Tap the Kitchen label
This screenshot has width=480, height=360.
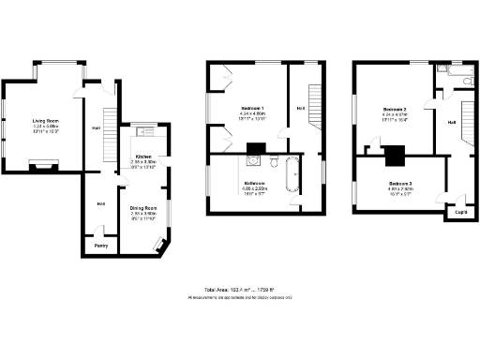pos(143,156)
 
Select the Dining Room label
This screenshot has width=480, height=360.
pos(142,207)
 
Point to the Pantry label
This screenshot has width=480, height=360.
pos(100,247)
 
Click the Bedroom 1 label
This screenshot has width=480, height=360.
pos(249,109)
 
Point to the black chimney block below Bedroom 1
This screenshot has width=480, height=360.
pos(255,147)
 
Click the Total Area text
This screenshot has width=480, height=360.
pos(239,291)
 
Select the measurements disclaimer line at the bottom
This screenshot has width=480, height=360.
pos(239,297)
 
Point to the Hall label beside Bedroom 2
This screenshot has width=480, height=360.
pos(451,122)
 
